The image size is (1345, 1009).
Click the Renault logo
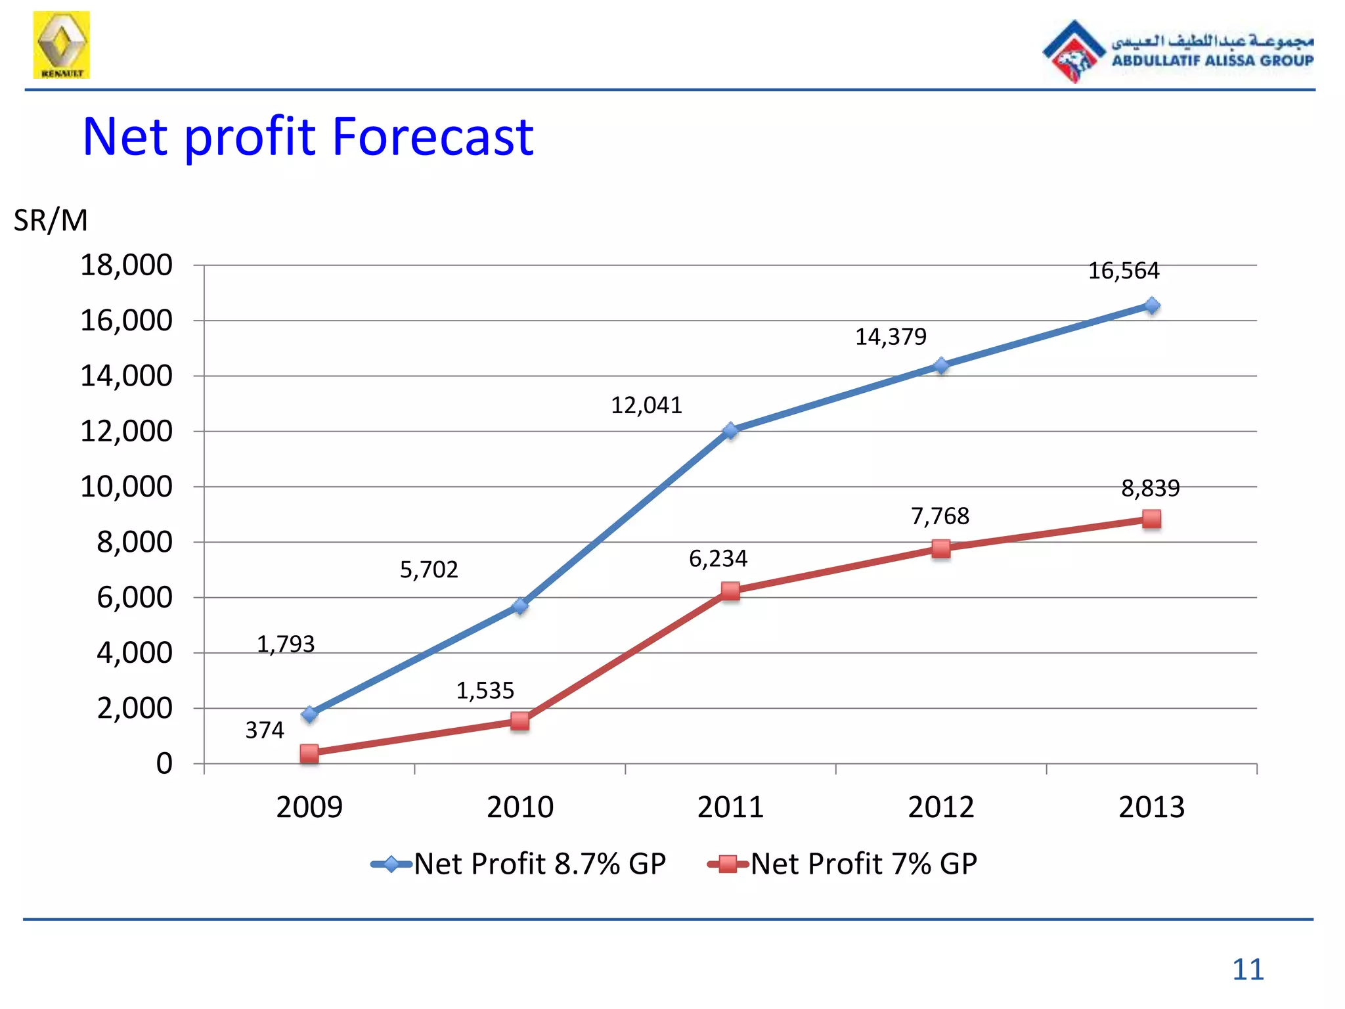[x=61, y=45]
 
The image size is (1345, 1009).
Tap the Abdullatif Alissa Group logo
[x=1178, y=51]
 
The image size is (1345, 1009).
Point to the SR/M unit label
[x=51, y=220]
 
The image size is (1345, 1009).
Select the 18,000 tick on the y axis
[x=126, y=265]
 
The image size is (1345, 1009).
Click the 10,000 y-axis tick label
[x=126, y=487]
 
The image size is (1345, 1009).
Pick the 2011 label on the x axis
[x=730, y=807]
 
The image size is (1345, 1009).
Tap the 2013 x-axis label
[x=1151, y=807]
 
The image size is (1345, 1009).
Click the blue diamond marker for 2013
[x=1151, y=305]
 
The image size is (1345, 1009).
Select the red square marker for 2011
[x=730, y=591]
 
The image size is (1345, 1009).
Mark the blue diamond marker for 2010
[x=520, y=606]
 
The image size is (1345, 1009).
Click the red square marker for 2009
[x=309, y=753]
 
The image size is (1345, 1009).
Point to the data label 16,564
[x=1124, y=271]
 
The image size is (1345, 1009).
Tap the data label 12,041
[x=646, y=405]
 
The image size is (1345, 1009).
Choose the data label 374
[x=265, y=730]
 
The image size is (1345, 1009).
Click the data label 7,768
[x=940, y=516]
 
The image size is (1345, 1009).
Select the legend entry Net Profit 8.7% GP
[x=519, y=864]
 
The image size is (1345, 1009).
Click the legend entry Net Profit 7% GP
[x=843, y=864]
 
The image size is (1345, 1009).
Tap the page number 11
[x=1247, y=970]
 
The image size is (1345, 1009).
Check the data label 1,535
[x=485, y=690]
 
